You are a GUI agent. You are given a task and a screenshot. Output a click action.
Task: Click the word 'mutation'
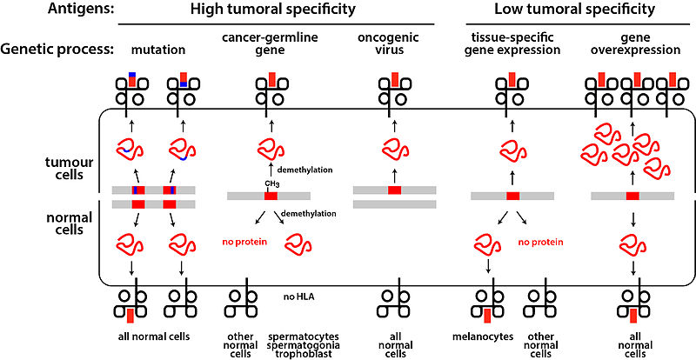tap(158, 50)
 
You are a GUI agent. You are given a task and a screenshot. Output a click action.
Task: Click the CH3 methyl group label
tap(271, 183)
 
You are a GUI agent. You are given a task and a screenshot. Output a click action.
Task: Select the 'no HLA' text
tap(299, 296)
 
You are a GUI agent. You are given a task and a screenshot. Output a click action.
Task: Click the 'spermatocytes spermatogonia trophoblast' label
tap(302, 345)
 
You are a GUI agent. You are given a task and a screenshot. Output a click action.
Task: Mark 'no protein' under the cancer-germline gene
tap(244, 243)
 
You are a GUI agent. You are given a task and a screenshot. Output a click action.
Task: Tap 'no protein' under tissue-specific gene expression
tap(540, 243)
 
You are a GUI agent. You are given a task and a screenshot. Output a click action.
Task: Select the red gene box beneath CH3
tap(271, 196)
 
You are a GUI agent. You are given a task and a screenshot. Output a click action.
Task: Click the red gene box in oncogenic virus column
tap(395, 190)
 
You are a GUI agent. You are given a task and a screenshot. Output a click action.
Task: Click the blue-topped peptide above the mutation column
tap(132, 78)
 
